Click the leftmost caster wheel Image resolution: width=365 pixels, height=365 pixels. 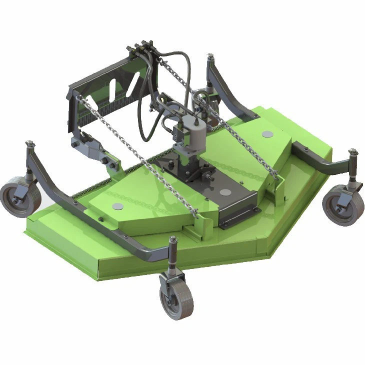pos(20,199)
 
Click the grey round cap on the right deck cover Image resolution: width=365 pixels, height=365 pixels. pos(266,133)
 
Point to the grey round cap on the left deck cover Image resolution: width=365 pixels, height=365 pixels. pos(118,206)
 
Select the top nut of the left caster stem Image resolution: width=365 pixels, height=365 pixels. pos(30,144)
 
